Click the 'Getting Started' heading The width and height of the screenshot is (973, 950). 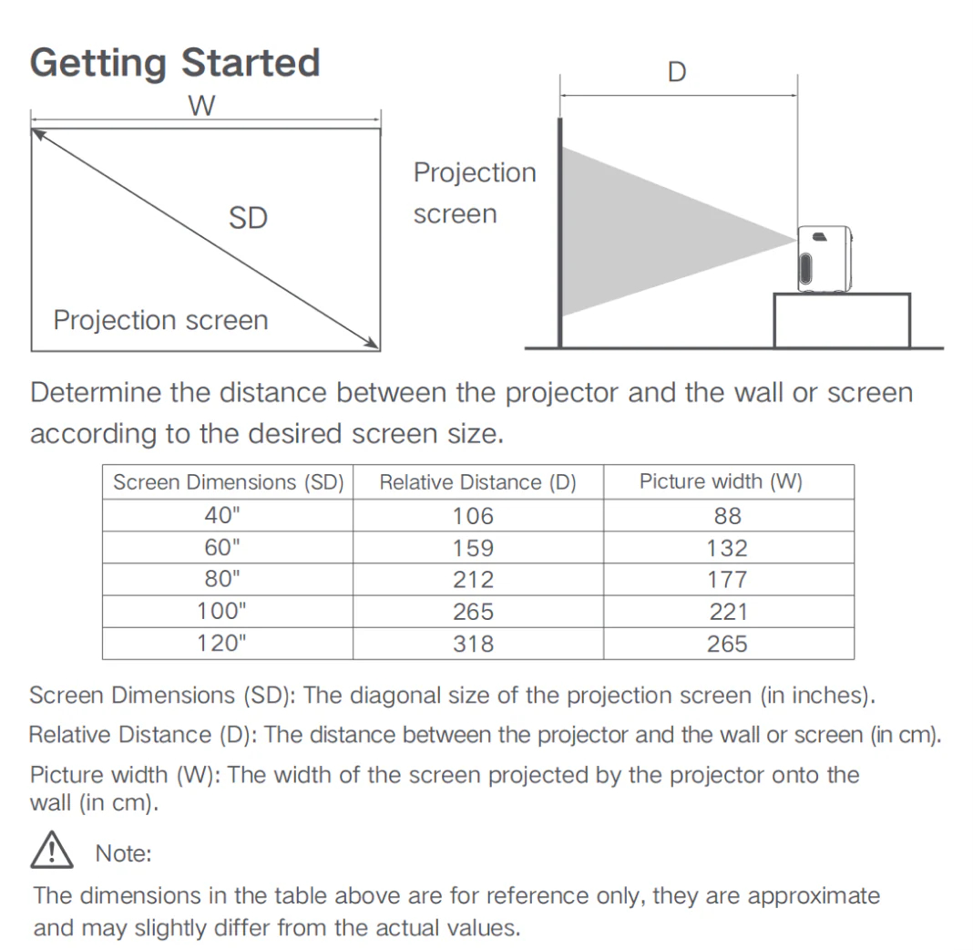click(x=175, y=63)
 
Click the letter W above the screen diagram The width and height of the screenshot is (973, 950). click(x=201, y=106)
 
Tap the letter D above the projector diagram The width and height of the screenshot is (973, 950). click(x=677, y=72)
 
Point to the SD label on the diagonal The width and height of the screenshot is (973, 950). click(x=248, y=218)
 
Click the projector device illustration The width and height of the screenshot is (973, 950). click(x=824, y=258)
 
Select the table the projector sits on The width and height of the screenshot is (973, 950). click(x=842, y=320)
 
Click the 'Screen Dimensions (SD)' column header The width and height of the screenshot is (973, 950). click(x=229, y=482)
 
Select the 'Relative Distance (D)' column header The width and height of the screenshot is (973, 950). click(x=477, y=482)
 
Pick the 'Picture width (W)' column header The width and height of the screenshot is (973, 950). click(x=721, y=481)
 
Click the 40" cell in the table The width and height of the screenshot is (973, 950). click(x=222, y=515)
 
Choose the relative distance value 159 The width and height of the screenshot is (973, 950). click(x=473, y=548)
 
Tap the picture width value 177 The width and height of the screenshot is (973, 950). click(x=727, y=579)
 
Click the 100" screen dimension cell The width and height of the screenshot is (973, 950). click(x=221, y=611)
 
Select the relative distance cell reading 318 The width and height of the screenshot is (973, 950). click(x=473, y=644)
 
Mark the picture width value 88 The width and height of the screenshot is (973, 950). click(x=727, y=515)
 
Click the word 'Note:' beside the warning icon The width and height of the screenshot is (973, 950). click(x=124, y=853)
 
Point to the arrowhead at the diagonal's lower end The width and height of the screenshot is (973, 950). click(x=373, y=344)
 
